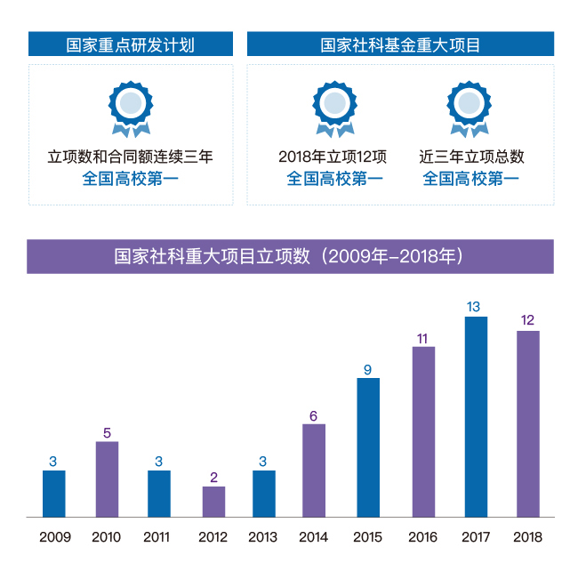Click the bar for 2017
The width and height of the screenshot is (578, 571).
tap(476, 416)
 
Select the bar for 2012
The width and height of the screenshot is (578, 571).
tap(213, 502)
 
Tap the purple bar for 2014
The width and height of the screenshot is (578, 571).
tap(314, 470)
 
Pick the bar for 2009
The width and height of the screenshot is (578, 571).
tap(53, 494)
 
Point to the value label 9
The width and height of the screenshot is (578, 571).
tap(367, 369)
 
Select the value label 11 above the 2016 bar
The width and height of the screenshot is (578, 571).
tap(422, 338)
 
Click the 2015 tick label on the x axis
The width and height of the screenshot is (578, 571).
tap(367, 537)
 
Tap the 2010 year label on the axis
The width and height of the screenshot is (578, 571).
tap(106, 537)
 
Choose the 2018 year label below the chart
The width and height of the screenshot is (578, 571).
tap(527, 537)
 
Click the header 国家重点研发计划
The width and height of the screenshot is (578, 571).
tap(131, 44)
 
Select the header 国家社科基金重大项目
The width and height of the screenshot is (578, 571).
tap(400, 44)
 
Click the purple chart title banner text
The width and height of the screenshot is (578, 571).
tap(290, 256)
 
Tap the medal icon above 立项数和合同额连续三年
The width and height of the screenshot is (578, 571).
tap(131, 107)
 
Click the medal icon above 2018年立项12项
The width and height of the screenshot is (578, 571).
tap(334, 107)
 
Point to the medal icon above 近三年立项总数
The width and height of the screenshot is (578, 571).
tap(469, 107)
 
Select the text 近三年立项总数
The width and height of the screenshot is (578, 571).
tap(471, 157)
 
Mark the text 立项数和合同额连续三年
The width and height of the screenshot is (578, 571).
tap(131, 157)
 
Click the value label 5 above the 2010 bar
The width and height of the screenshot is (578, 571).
tap(107, 433)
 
